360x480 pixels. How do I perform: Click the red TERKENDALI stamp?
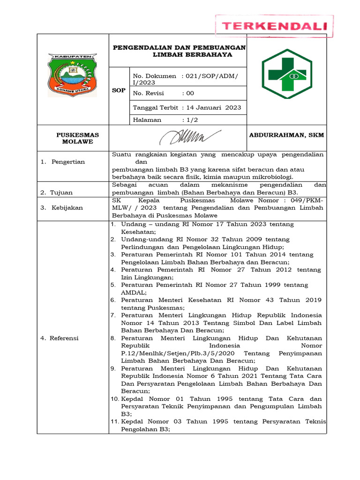click(274, 26)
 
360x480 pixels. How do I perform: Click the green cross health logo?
click(286, 74)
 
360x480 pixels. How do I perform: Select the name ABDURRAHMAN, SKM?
click(286, 135)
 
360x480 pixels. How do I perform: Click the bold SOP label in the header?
click(119, 90)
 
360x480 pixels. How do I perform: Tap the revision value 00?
click(190, 93)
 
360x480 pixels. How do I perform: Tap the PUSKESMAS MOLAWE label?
click(78, 138)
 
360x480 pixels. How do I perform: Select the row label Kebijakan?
click(67, 208)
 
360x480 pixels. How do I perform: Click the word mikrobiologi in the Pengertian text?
click(271, 177)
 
